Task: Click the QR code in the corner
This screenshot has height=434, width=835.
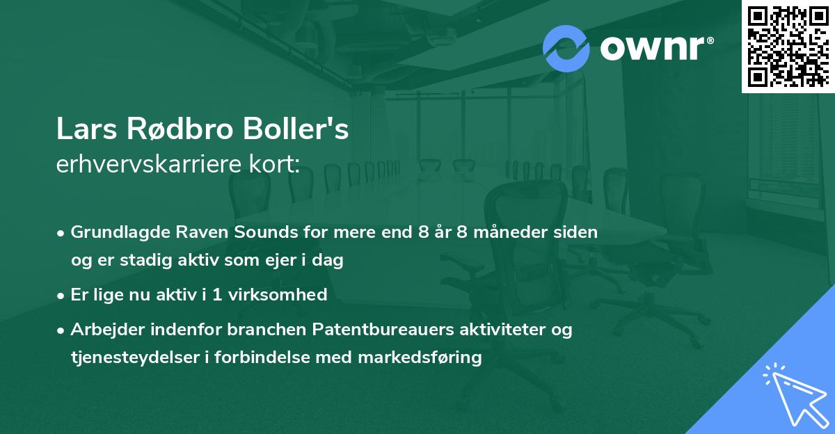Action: click(x=788, y=46)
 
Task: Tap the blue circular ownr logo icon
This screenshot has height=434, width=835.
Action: click(x=566, y=48)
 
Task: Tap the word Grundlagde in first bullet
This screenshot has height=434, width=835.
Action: click(x=113, y=232)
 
